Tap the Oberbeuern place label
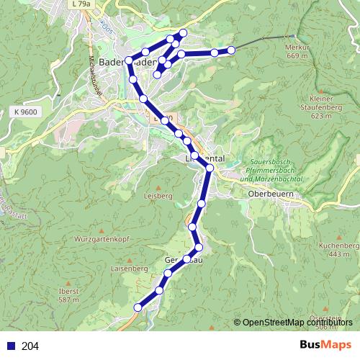(x=269, y=194)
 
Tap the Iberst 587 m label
(x=68, y=295)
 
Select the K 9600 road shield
(x=24, y=112)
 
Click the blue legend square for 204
(x=8, y=346)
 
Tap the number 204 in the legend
(x=30, y=346)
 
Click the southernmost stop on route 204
(x=138, y=307)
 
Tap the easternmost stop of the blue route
(x=231, y=50)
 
